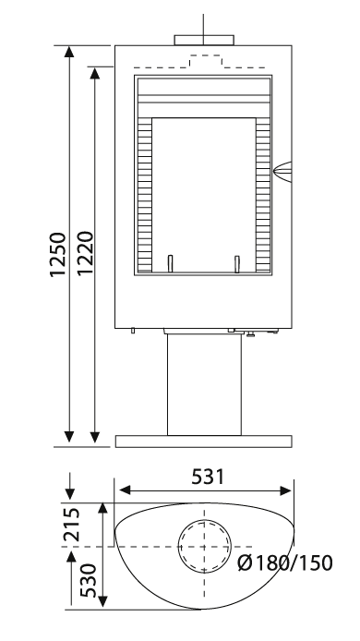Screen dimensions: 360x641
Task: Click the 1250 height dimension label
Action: point(57,254)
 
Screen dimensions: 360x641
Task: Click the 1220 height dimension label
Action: point(85,253)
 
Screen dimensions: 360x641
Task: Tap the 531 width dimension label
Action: point(208,477)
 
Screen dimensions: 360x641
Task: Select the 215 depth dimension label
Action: point(72,525)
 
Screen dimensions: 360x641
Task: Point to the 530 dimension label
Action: point(88,580)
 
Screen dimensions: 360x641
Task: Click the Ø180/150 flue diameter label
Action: point(285,563)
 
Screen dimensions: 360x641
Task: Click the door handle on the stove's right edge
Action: point(282,172)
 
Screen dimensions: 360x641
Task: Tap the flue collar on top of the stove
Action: point(204,40)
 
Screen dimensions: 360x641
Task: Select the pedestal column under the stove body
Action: point(204,384)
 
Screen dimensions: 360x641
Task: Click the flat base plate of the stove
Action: point(203,441)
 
